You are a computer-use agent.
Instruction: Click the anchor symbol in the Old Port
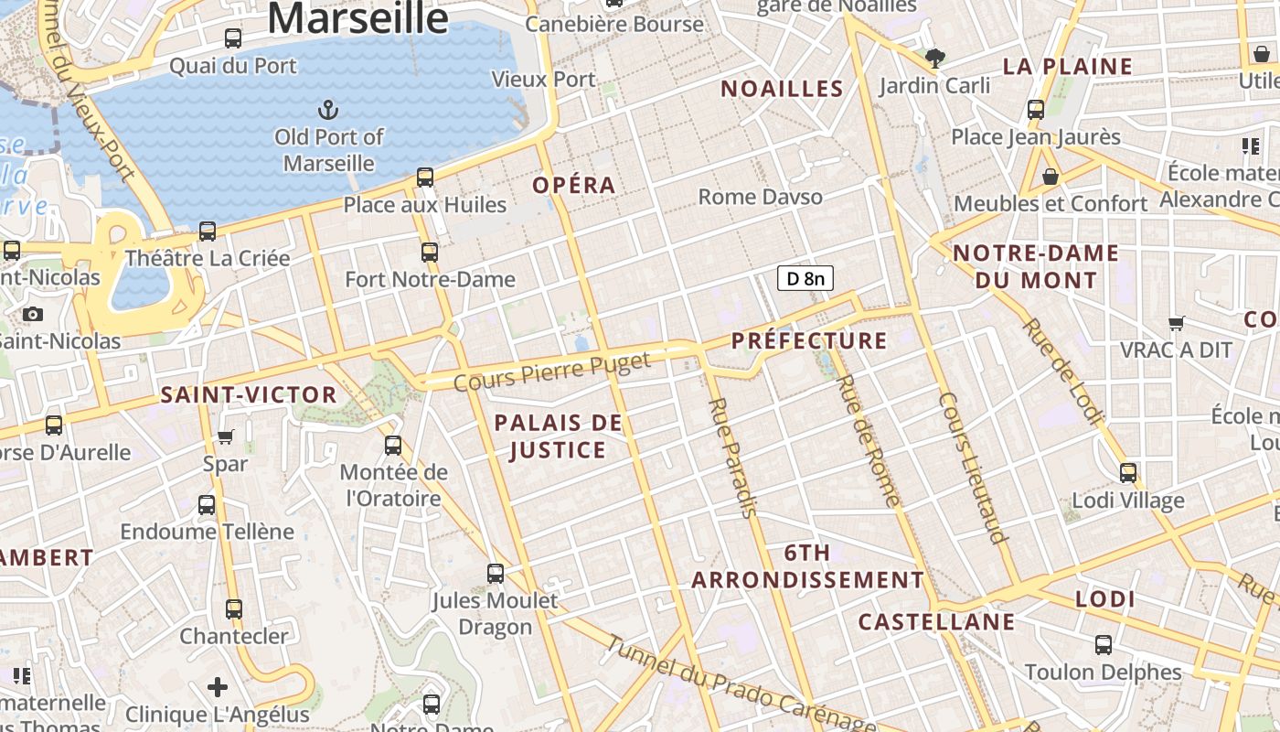[x=327, y=111]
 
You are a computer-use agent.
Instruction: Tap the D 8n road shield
[x=805, y=278]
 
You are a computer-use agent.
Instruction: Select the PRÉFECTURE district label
[x=809, y=341]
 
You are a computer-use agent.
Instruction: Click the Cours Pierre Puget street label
[x=551, y=371]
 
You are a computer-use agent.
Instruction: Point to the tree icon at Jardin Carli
[x=934, y=59]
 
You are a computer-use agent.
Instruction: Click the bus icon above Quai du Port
[x=233, y=38]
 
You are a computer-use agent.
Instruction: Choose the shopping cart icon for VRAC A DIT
[x=1176, y=323]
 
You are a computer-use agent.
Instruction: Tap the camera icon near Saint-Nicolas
[x=33, y=315]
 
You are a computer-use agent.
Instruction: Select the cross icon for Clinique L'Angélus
[x=218, y=686]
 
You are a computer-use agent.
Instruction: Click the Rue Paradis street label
[x=733, y=457]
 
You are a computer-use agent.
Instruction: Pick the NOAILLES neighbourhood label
[x=782, y=89]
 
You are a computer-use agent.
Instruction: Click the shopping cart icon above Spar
[x=226, y=436]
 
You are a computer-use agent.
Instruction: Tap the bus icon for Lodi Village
[x=1128, y=473]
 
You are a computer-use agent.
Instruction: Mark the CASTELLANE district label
[x=936, y=622]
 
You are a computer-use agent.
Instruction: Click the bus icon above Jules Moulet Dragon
[x=495, y=574]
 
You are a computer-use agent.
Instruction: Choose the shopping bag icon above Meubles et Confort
[x=1050, y=176]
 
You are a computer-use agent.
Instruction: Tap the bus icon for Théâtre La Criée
[x=208, y=231]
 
